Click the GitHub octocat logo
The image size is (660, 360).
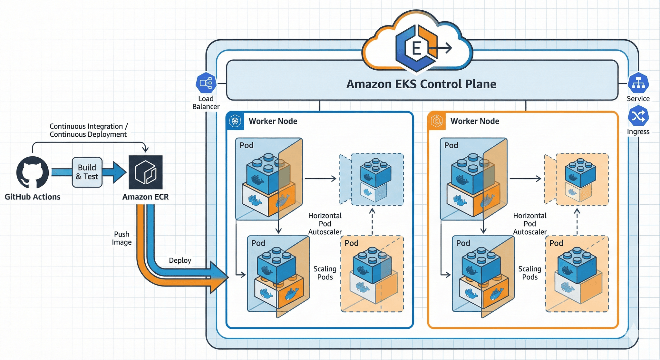[x=33, y=172]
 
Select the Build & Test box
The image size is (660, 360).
[x=87, y=172]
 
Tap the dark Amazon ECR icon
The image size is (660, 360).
[x=146, y=172]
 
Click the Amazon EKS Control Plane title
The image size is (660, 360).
[x=421, y=84]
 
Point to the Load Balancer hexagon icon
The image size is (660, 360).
[x=206, y=83]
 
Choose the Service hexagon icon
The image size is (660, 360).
[x=638, y=83]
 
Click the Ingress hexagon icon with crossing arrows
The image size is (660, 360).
[x=638, y=116]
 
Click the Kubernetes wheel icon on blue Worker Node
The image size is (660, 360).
[x=235, y=121]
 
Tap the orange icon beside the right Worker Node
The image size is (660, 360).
[x=437, y=121]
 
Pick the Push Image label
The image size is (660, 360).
[x=122, y=238]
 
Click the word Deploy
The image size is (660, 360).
[x=180, y=260]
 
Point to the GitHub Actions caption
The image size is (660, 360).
[x=33, y=197]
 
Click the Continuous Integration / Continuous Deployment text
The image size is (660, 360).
[x=88, y=130]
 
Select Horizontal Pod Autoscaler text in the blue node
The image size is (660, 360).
[x=325, y=224]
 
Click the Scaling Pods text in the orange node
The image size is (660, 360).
[x=529, y=273]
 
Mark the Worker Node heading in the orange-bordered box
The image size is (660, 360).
[x=475, y=121]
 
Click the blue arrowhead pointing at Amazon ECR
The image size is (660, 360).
[x=119, y=172]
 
